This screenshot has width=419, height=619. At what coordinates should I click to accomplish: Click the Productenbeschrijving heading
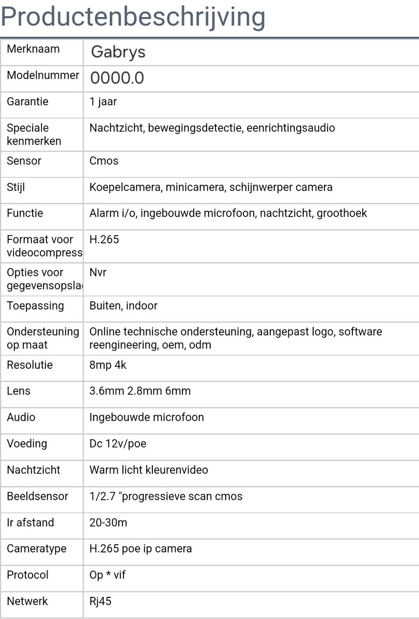pyautogui.click(x=133, y=17)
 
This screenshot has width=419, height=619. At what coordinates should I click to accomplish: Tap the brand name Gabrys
pyautogui.click(x=118, y=52)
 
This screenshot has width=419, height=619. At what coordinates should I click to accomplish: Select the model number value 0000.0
pyautogui.click(x=117, y=78)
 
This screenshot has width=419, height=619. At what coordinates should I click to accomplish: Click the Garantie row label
pyautogui.click(x=27, y=102)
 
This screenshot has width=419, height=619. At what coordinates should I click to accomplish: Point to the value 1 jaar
pyautogui.click(x=103, y=102)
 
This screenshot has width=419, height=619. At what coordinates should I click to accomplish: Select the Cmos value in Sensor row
pyautogui.click(x=104, y=161)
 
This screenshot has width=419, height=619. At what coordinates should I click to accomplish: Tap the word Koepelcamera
pyautogui.click(x=125, y=187)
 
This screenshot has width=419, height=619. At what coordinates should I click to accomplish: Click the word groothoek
pyautogui.click(x=342, y=213)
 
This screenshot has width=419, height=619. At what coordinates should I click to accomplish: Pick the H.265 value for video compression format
pyautogui.click(x=104, y=239)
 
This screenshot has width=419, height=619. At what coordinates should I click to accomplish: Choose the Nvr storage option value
pyautogui.click(x=98, y=272)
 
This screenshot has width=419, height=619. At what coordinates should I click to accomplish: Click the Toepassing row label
pyautogui.click(x=35, y=305)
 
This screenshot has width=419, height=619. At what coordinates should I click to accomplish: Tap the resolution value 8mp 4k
pyautogui.click(x=108, y=365)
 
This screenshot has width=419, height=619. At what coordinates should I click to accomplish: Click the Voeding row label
pyautogui.click(x=27, y=444)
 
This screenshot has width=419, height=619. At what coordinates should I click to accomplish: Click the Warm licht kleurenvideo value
pyautogui.click(x=149, y=470)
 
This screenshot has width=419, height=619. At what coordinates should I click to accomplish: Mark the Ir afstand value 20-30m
pyautogui.click(x=108, y=523)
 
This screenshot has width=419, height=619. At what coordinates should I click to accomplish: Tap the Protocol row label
pyautogui.click(x=27, y=575)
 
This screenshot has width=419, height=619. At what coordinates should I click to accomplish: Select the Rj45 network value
pyautogui.click(x=100, y=601)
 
